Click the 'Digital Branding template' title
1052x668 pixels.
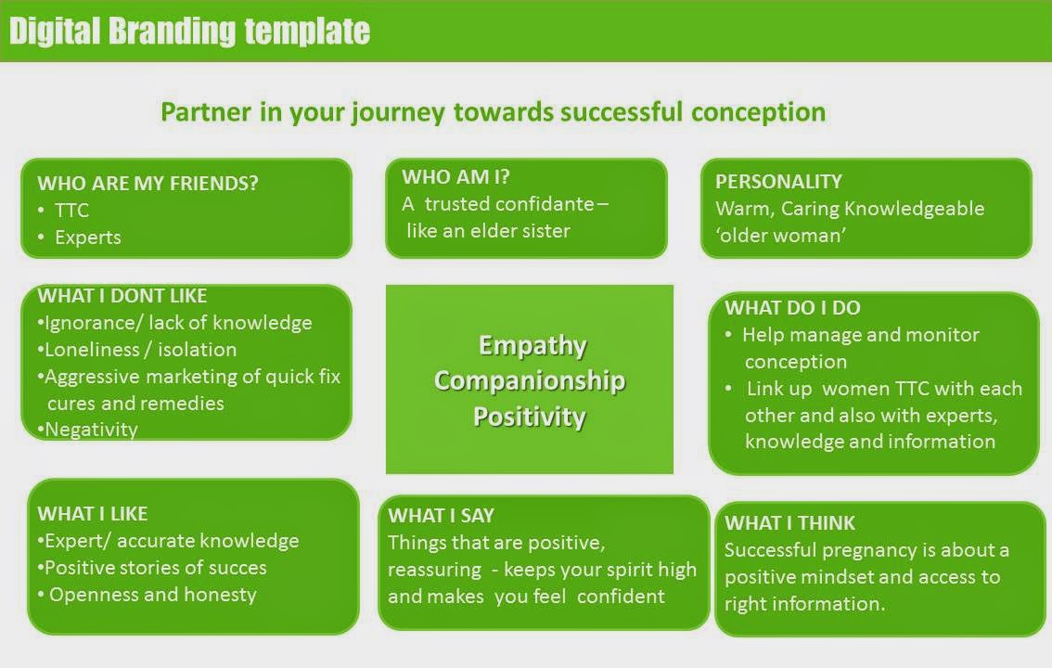(190, 31)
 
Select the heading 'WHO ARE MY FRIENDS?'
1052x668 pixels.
(148, 183)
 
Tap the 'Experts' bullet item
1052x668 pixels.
(88, 238)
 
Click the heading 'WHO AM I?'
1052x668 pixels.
(455, 176)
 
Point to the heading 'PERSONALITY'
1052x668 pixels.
(778, 181)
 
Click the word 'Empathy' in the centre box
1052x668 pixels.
(532, 345)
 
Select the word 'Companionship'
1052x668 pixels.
(530, 380)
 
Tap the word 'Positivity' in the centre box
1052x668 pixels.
(530, 416)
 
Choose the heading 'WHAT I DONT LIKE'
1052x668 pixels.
(122, 295)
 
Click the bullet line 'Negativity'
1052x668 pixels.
(91, 430)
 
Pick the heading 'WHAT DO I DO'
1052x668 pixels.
(792, 307)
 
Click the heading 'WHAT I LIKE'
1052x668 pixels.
(93, 514)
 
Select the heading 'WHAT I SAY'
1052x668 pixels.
(441, 515)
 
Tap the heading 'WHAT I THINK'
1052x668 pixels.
(789, 522)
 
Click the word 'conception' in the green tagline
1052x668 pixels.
(758, 112)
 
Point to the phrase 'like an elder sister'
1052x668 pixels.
(488, 231)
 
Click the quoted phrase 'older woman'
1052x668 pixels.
(781, 236)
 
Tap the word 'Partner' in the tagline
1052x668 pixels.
(206, 112)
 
